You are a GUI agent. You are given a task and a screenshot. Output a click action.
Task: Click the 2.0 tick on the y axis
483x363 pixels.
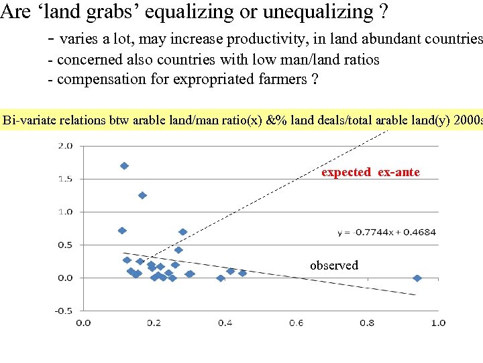click(64, 145)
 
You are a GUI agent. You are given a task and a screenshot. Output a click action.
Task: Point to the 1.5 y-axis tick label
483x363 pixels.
click(64, 179)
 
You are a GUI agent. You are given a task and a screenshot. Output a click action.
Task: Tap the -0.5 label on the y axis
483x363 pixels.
click(63, 311)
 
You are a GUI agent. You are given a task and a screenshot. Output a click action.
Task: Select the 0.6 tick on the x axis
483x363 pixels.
click(296, 323)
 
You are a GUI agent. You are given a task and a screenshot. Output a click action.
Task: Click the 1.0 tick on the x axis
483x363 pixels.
click(438, 323)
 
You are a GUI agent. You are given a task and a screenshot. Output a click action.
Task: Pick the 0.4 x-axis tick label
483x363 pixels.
click(225, 323)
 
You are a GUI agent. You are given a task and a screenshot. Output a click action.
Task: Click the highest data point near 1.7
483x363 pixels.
click(124, 165)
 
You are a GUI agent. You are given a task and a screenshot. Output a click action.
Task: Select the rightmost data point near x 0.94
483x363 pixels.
click(417, 278)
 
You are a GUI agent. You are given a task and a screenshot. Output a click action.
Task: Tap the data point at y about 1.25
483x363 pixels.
click(142, 196)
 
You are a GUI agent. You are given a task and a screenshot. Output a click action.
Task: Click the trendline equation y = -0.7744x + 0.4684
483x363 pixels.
click(387, 232)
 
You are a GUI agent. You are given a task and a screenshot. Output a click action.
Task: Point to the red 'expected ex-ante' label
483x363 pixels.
click(370, 172)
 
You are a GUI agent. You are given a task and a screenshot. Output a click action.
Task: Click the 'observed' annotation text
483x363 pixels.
click(334, 266)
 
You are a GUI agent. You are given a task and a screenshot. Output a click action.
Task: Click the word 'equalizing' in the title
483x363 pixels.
click(188, 11)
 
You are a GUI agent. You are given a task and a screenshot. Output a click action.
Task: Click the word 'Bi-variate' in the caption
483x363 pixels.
click(29, 121)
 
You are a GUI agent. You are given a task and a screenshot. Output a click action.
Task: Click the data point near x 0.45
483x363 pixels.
click(242, 273)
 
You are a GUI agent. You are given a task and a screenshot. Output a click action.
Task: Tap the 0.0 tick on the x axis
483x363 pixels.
click(83, 323)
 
